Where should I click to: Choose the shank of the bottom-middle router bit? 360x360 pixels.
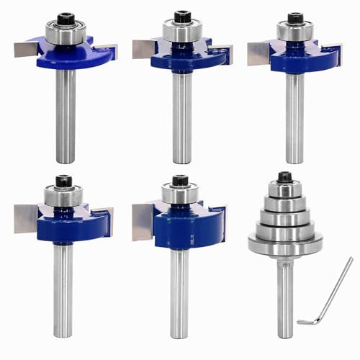179,288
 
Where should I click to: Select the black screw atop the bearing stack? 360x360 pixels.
285,176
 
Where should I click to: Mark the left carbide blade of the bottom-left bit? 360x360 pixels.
27,218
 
